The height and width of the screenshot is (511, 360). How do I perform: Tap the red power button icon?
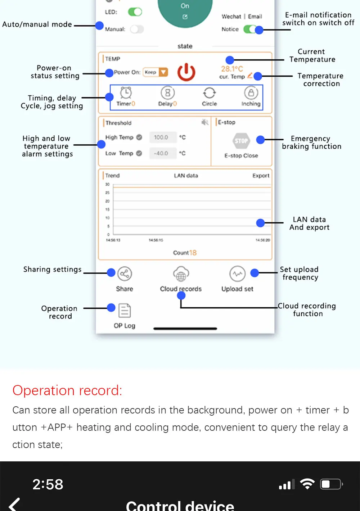coord(186,72)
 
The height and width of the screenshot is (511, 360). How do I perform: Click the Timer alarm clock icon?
coord(126,93)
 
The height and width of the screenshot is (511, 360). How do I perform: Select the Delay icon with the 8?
coord(167,93)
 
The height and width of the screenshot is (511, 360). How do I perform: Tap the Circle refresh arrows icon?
coord(209,93)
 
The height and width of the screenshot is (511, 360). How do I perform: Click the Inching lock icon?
coord(251,93)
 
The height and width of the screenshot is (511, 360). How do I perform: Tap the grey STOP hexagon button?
coord(241,141)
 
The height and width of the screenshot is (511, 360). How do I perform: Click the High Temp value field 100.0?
coord(161,137)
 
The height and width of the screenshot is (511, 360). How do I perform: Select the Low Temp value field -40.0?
coord(161,153)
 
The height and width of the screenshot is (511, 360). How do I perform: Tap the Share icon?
coord(125,274)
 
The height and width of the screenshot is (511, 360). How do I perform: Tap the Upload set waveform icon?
coord(237,274)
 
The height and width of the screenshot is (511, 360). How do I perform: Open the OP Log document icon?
coord(125,311)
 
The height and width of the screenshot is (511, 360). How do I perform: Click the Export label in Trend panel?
coord(261,176)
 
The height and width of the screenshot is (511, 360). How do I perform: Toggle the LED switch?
coord(135,12)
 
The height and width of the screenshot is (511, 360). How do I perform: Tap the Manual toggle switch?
coord(137,29)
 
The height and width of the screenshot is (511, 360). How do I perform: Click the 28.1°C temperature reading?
coord(232,69)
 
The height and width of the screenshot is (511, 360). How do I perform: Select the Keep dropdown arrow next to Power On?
coord(163,72)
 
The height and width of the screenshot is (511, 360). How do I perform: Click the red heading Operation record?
coord(67,390)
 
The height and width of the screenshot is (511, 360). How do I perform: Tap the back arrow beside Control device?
coord(14,505)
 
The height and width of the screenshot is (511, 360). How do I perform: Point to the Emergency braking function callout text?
coord(311,143)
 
